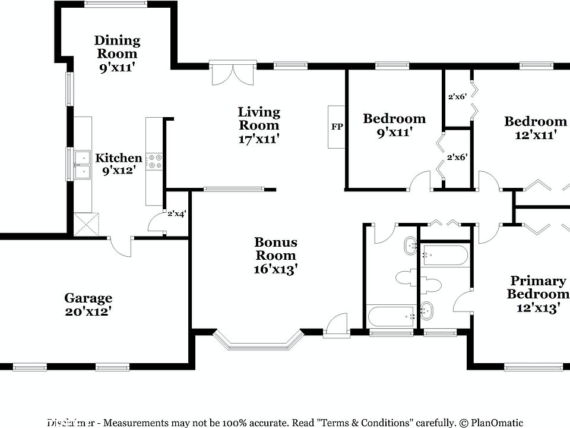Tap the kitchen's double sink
coord(81,165)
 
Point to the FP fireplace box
coord(336,127)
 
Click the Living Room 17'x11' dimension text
coord(258,139)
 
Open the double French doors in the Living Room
coord(230,74)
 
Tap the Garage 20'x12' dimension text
coord(88,311)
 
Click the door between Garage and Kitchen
coord(121,246)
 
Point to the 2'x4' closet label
coord(177,213)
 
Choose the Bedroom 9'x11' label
coord(394,119)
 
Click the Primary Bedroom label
coord(537,287)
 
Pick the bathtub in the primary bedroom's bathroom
coord(444,256)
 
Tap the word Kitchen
coord(119,158)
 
